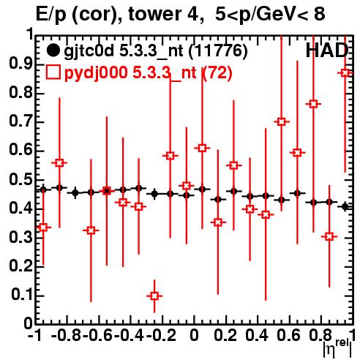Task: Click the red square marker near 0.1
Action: [154, 296]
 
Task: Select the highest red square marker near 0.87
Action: [345, 72]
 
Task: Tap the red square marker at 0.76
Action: [313, 104]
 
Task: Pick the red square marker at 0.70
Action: [282, 121]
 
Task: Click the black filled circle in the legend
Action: [53, 50]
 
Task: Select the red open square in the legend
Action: [53, 72]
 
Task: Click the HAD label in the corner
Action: [327, 50]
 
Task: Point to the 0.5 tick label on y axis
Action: [21, 180]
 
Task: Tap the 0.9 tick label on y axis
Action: [21, 64]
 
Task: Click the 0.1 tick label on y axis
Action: [22, 295]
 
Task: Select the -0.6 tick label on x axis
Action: [97, 335]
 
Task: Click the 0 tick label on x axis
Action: [194, 335]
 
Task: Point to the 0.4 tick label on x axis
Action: [257, 335]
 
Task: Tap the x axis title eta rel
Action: [338, 349]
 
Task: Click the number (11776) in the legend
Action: [218, 51]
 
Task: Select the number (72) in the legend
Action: [217, 72]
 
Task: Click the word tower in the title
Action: [154, 14]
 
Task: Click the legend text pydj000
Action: [96, 73]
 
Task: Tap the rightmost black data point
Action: [345, 206]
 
